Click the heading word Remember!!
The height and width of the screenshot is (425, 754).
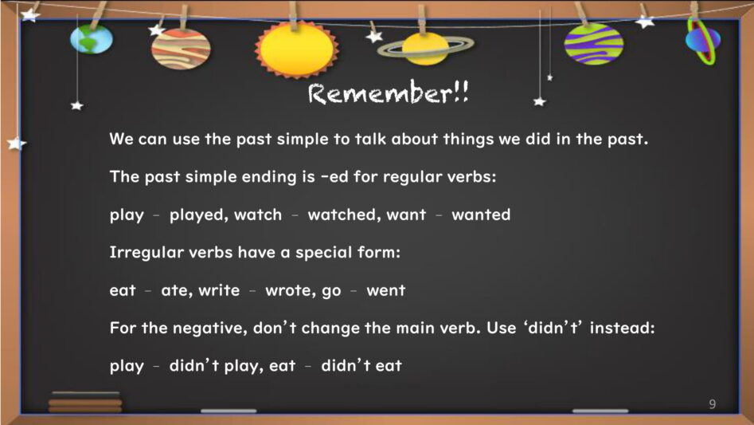[388, 92]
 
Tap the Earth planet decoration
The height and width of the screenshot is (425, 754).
[92, 39]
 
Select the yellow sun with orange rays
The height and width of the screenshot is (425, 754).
[297, 49]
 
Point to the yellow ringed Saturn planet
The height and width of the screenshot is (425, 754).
[425, 49]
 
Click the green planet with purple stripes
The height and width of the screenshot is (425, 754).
[594, 44]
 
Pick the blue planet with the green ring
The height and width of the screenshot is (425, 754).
[703, 40]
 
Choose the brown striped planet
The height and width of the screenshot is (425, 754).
[181, 49]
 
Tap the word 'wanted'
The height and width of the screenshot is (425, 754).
[481, 214]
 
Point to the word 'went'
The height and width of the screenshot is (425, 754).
[385, 290]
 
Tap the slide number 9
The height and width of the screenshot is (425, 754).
[712, 403]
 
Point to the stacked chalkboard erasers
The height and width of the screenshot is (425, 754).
[85, 402]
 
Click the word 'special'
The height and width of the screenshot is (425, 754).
[318, 253]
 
